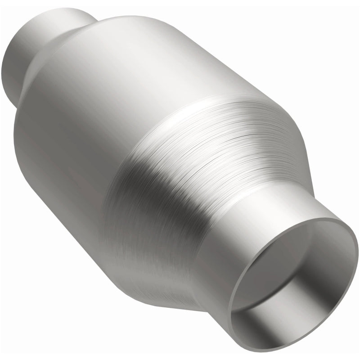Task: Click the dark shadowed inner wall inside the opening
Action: pyautogui.click(x=261, y=315)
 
